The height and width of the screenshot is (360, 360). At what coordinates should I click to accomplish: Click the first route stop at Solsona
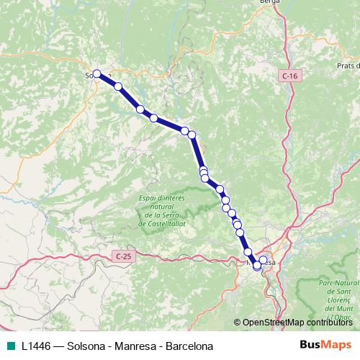(96, 73)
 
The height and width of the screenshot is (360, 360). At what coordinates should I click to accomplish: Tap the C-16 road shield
(289, 75)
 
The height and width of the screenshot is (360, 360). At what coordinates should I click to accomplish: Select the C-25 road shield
(124, 256)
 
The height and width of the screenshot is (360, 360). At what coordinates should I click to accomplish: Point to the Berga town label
(269, 3)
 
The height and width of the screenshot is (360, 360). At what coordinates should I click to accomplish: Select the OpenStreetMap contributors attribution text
(297, 323)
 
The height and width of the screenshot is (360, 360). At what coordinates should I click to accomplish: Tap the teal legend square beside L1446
(10, 346)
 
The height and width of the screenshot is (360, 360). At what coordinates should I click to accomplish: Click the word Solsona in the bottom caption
(89, 346)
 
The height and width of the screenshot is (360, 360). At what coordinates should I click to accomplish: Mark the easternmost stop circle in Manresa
(263, 260)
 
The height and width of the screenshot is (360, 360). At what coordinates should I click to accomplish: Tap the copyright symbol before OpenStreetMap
(237, 323)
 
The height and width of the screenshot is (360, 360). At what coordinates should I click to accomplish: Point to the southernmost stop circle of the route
(257, 266)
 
